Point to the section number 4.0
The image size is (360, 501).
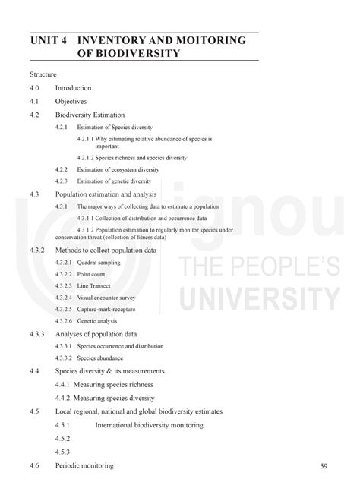point(35,87)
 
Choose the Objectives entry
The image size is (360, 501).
point(71,100)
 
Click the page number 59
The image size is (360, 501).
point(324,465)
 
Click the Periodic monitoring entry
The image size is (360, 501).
point(84,465)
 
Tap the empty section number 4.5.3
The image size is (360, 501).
point(62,451)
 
